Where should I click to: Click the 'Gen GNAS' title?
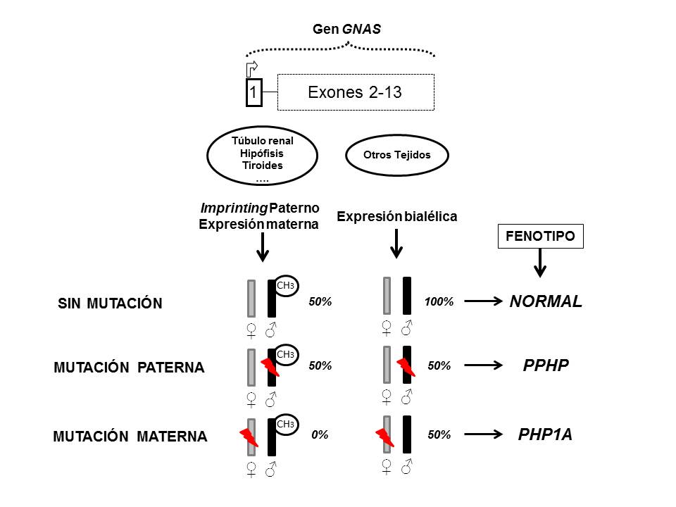coord(346,30)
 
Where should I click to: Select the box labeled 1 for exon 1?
coord(254,92)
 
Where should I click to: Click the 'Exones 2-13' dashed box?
coord(355,92)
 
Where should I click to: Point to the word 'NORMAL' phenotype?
coord(546,301)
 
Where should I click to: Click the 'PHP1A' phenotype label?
coord(545,434)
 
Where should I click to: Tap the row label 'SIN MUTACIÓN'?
coord(109,303)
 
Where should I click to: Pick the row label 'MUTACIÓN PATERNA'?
coord(129,368)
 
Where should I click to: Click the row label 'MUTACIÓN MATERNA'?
coord(130,437)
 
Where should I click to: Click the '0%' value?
coord(320,435)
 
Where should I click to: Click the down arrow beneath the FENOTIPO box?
coord(539,263)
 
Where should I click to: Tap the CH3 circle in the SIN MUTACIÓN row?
coord(285,285)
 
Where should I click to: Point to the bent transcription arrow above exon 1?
coord(252,68)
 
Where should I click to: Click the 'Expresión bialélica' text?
coord(396,217)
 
